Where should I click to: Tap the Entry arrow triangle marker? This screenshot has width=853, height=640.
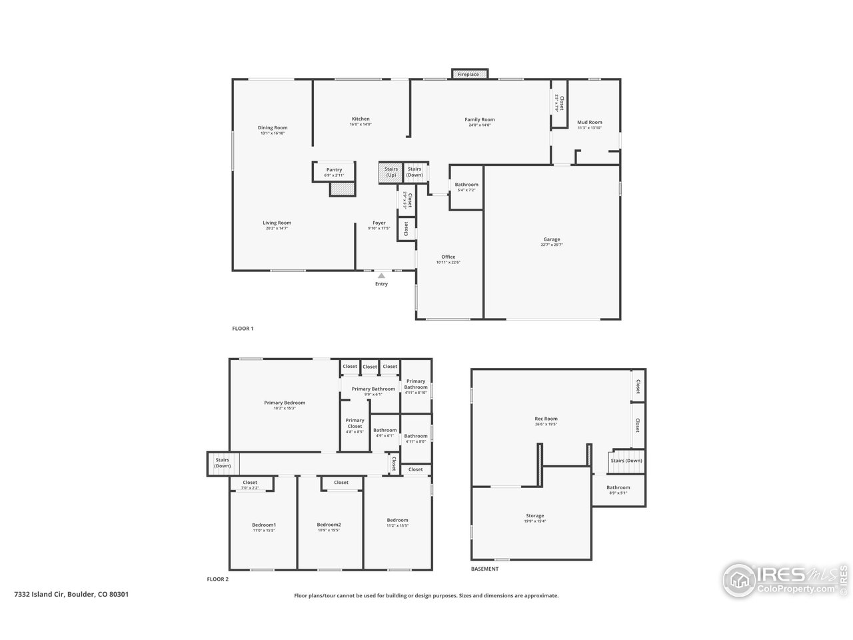tap(381, 275)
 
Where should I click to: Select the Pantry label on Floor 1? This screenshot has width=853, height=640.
tap(334, 170)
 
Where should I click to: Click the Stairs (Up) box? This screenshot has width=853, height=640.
tap(391, 172)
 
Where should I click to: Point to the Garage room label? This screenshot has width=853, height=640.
tap(551, 239)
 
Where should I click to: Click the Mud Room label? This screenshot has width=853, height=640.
tap(589, 123)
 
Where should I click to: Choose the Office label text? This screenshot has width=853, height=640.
tap(448, 257)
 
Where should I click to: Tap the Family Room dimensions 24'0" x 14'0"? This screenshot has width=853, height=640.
tap(479, 125)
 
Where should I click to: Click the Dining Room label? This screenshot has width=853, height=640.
tap(273, 127)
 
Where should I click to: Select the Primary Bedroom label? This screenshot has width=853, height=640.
tap(284, 403)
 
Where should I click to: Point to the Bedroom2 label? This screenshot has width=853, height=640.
tap(329, 525)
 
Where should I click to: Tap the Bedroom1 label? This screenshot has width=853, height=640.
tap(263, 525)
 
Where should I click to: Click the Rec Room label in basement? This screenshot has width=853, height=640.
tap(546, 419)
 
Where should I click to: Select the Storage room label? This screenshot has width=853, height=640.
tap(534, 515)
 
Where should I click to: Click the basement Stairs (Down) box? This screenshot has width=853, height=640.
tap(626, 461)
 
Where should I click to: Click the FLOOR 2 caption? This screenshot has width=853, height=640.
tap(217, 579)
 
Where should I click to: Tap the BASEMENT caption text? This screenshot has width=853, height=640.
tap(484, 569)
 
